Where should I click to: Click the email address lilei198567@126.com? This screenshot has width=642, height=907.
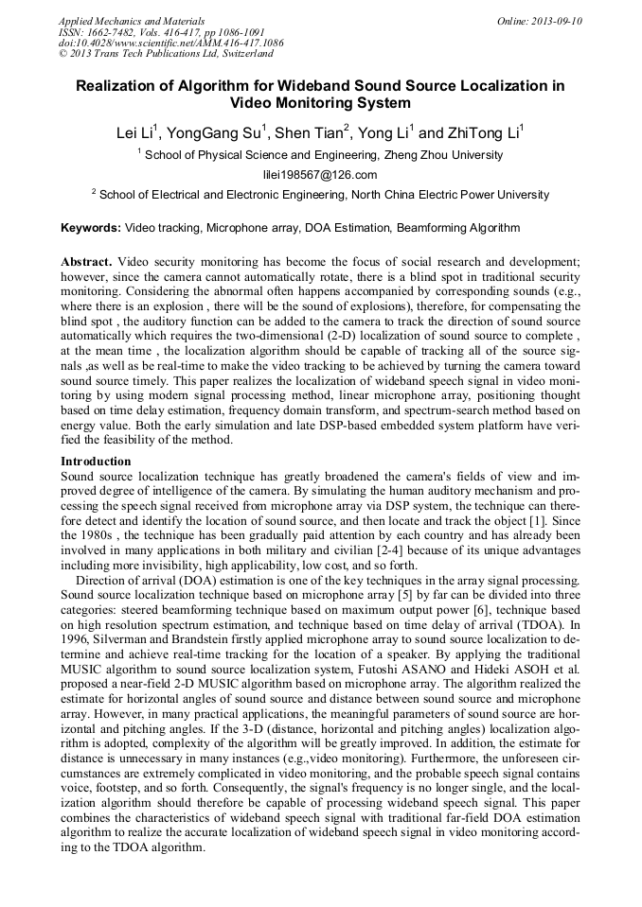point(320,175)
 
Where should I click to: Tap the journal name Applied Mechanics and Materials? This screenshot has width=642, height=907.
point(132,21)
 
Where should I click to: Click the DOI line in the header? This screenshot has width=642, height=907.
point(170,44)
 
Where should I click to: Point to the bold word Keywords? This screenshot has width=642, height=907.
point(91,228)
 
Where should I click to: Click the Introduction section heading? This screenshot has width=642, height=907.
point(96,461)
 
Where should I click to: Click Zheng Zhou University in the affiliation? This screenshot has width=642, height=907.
point(442,155)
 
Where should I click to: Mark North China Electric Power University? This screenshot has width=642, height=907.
point(450,195)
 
